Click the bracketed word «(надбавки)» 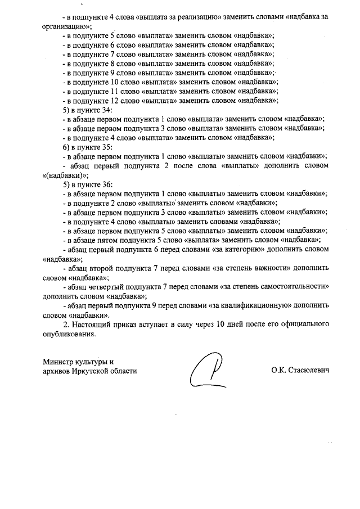coord(65,175)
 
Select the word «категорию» coord(241,249)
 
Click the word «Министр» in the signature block coord(58,362)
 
